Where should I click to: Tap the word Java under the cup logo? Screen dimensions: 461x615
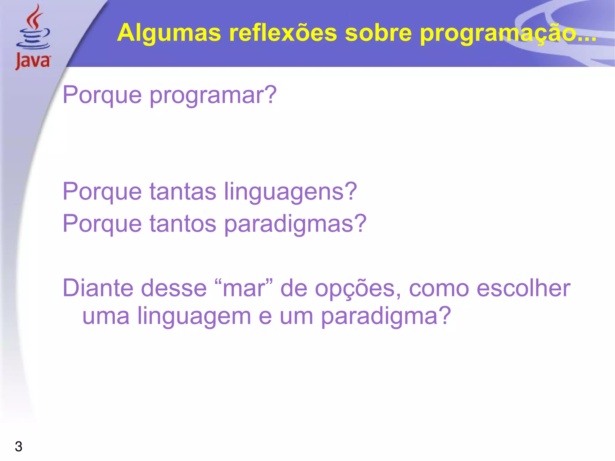click(x=33, y=61)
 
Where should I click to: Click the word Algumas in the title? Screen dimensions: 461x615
click(x=169, y=33)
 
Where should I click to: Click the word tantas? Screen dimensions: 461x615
click(x=183, y=192)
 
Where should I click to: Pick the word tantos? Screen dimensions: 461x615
click(x=183, y=224)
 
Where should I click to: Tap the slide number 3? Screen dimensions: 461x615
click(x=19, y=447)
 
